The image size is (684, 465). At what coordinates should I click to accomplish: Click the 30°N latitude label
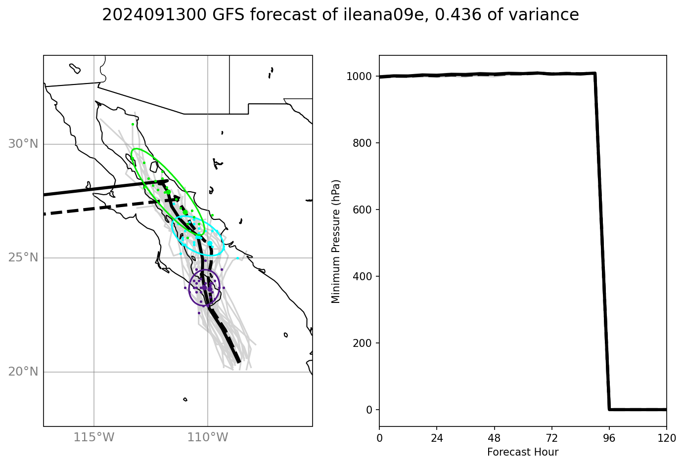[23, 144]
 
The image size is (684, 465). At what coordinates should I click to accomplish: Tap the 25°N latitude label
[23, 258]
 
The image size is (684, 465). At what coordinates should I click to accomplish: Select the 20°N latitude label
[23, 372]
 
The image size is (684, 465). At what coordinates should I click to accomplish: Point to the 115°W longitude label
[94, 437]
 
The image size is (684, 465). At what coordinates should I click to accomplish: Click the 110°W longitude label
[208, 437]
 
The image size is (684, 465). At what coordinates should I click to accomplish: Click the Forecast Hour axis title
[523, 452]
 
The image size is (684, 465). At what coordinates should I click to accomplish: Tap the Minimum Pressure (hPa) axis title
[336, 241]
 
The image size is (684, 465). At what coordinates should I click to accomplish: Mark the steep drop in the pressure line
[602, 242]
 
